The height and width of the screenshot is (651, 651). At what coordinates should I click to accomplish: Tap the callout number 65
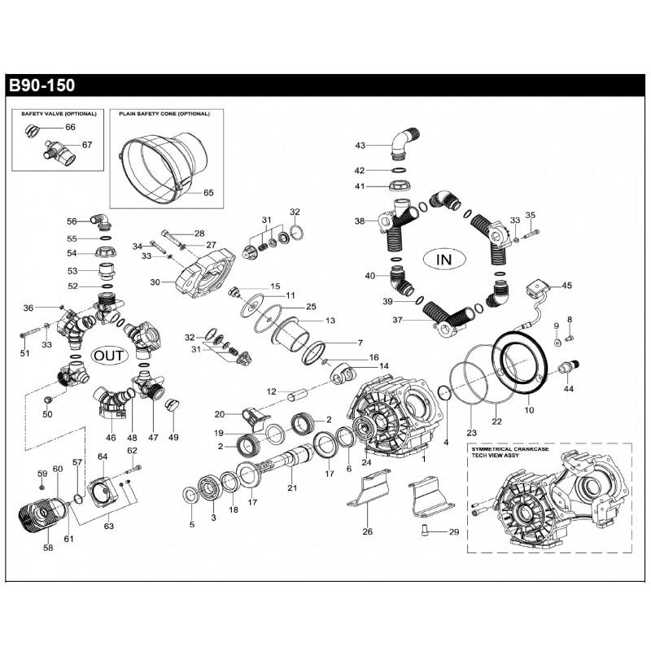208,193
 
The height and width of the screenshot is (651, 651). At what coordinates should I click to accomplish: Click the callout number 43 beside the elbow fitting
360,146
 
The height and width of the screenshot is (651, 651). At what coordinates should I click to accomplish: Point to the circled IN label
443,260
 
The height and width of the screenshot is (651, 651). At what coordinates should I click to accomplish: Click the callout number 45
566,286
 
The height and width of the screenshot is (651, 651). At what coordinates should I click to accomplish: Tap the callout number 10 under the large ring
529,410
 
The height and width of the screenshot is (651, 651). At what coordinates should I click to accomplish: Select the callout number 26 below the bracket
367,532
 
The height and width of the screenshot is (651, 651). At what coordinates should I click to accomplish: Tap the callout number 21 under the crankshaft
292,488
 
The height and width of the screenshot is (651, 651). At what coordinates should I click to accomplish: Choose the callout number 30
155,282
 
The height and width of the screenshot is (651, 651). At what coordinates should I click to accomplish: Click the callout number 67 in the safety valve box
87,146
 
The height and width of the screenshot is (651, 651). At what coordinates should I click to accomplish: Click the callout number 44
568,389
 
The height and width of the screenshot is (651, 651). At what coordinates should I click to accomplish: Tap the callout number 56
72,221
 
